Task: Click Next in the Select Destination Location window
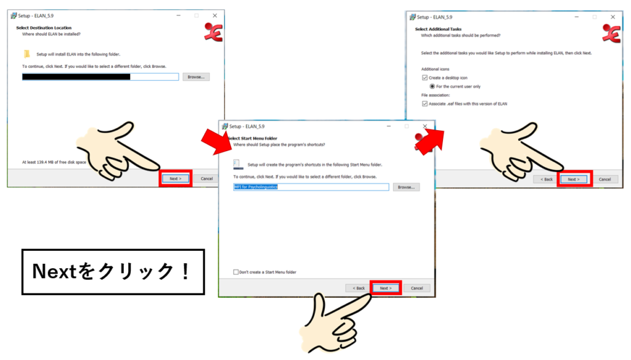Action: pos(174,179)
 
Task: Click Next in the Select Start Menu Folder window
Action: pos(385,288)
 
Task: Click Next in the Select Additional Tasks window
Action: pos(573,179)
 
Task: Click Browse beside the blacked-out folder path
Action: pos(196,77)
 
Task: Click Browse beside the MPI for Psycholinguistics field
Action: pos(406,187)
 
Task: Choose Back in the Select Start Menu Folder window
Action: pos(359,288)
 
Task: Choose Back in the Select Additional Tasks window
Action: pos(547,179)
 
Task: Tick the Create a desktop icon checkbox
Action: pos(425,78)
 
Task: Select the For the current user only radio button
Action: pos(433,86)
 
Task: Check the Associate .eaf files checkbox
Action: pos(425,104)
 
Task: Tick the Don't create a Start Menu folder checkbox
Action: pos(235,272)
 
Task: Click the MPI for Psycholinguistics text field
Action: pos(311,187)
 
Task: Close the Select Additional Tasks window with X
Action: pos(613,17)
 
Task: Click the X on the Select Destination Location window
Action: pos(214,15)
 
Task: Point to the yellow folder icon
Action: pos(26,54)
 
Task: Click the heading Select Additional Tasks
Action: pos(438,29)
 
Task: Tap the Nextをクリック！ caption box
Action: pos(113,272)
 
